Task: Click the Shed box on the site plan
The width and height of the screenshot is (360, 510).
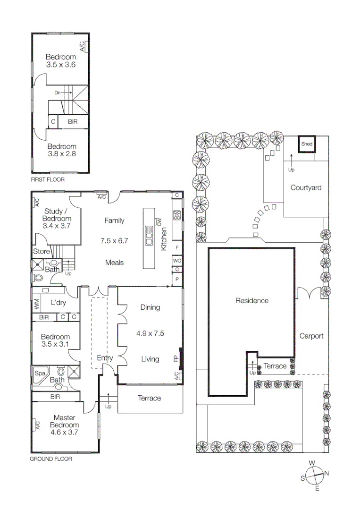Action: click(x=307, y=144)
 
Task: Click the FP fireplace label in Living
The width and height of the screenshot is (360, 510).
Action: click(x=176, y=359)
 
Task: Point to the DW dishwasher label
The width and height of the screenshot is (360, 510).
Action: click(x=159, y=221)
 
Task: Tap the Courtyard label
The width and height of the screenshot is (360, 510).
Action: click(x=306, y=187)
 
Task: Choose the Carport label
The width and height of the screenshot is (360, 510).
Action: click(x=311, y=336)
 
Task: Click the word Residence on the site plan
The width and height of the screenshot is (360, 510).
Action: click(x=252, y=300)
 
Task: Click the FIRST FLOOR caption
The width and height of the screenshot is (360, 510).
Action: click(x=48, y=180)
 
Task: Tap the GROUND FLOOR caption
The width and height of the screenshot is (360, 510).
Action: click(x=51, y=459)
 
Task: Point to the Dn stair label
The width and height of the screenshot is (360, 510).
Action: click(x=58, y=93)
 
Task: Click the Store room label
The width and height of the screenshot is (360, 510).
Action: click(x=42, y=252)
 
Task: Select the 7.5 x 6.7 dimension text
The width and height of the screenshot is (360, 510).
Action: click(x=114, y=240)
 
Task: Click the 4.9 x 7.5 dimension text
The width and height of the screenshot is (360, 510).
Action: click(x=150, y=333)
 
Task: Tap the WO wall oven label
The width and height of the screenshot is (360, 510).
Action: click(x=177, y=260)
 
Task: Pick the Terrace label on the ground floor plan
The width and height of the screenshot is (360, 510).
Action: click(x=149, y=398)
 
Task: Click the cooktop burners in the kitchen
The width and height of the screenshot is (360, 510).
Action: click(x=177, y=215)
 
